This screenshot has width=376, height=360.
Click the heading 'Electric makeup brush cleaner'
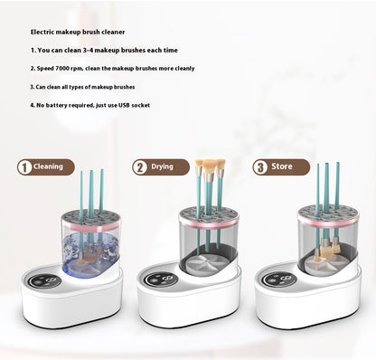(x=78, y=32)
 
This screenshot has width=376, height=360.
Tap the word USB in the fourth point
(x=124, y=105)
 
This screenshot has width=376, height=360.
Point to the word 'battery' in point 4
(x=57, y=105)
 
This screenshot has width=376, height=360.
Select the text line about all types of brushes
(x=82, y=87)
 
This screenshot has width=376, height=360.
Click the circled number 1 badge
(x=24, y=167)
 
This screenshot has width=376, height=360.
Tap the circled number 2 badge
(x=140, y=167)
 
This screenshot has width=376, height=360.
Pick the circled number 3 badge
(x=260, y=167)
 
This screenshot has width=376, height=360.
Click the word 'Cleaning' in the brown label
(x=48, y=166)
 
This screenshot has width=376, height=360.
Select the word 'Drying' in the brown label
(x=162, y=166)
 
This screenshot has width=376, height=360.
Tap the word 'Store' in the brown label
(x=282, y=166)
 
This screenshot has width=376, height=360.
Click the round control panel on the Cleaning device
(x=45, y=281)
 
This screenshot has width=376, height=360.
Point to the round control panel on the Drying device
(x=161, y=280)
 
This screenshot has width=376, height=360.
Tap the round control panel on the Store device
(x=278, y=279)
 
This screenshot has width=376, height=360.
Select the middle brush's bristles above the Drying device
(x=210, y=166)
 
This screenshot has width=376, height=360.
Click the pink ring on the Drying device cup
(x=209, y=223)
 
